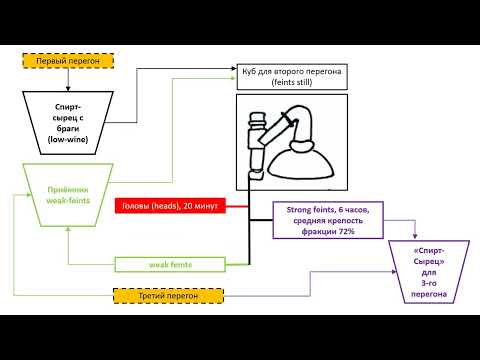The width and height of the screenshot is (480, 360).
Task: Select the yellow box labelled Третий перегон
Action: tap(156, 296)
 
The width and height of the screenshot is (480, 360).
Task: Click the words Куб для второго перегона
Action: tap(292, 72)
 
